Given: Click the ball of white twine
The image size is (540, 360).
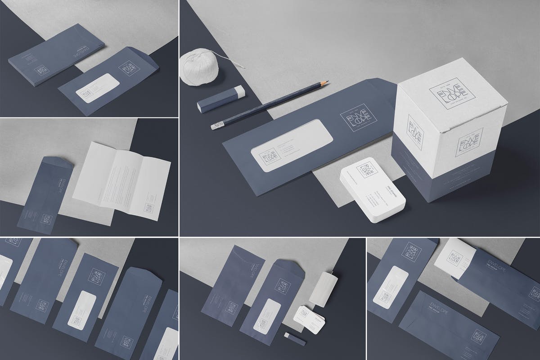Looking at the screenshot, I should coord(199,67).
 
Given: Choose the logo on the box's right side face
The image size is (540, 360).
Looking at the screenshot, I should coord(469,141).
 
